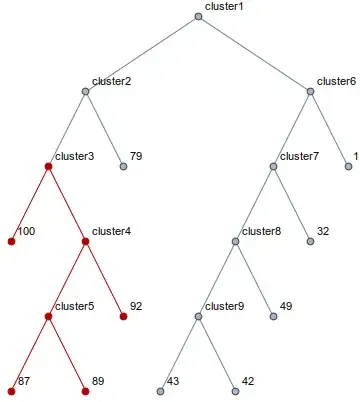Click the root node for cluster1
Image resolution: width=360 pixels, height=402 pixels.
[x=198, y=16]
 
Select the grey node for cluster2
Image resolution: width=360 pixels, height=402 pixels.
[x=86, y=92]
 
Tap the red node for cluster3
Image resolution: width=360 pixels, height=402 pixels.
[x=48, y=166]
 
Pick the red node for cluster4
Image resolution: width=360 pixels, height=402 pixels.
[x=86, y=241]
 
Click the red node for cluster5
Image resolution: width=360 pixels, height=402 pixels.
[x=48, y=316]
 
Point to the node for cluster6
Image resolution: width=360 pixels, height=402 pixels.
[x=310, y=92]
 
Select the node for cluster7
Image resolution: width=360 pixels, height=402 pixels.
[x=273, y=166]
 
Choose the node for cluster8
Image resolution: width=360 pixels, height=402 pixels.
[x=236, y=241]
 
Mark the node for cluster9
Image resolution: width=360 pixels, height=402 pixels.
[x=198, y=316]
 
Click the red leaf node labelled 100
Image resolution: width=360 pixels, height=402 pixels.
[x=11, y=241]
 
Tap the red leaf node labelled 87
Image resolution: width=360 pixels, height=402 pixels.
[x=11, y=390]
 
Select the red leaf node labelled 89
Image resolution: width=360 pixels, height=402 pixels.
[x=86, y=390]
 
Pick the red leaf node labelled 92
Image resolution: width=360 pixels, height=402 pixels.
[x=124, y=316]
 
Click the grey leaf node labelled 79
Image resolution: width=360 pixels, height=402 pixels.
[x=124, y=166]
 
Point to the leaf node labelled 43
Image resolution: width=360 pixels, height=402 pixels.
[x=161, y=390]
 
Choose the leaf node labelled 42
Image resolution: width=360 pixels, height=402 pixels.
[x=236, y=390]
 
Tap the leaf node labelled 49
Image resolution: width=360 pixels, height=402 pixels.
[x=273, y=316]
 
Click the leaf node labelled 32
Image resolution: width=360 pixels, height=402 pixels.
[x=310, y=241]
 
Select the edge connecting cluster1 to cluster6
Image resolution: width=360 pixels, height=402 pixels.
[x=254, y=54]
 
